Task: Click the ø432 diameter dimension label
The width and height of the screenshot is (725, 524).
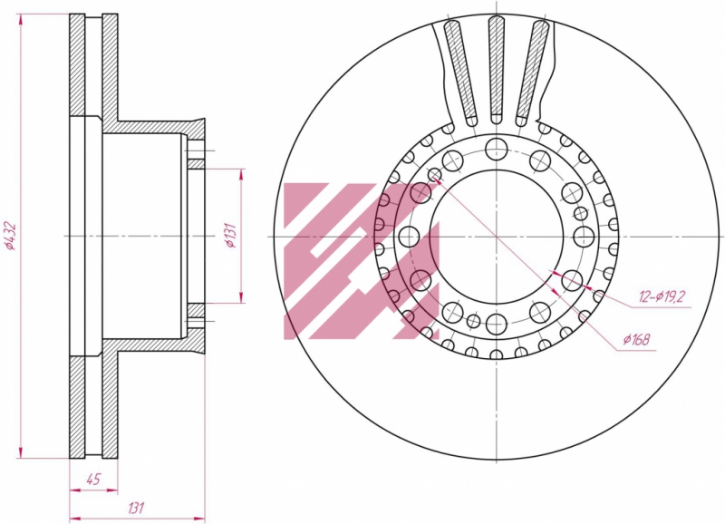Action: click(10, 237)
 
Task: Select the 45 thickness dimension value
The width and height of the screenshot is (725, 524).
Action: click(93, 480)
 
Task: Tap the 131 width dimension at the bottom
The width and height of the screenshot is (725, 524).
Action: click(135, 508)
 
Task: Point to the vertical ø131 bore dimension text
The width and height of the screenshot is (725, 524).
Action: click(232, 236)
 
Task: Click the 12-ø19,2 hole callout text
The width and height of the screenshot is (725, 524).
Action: click(661, 296)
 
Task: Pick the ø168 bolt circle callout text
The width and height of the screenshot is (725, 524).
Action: click(636, 340)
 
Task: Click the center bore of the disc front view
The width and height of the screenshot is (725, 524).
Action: click(496, 237)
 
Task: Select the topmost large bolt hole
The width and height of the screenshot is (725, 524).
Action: click(496, 149)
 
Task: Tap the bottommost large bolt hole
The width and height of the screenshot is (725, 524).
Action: click(496, 324)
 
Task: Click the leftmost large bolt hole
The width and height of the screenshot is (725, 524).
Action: click(409, 237)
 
